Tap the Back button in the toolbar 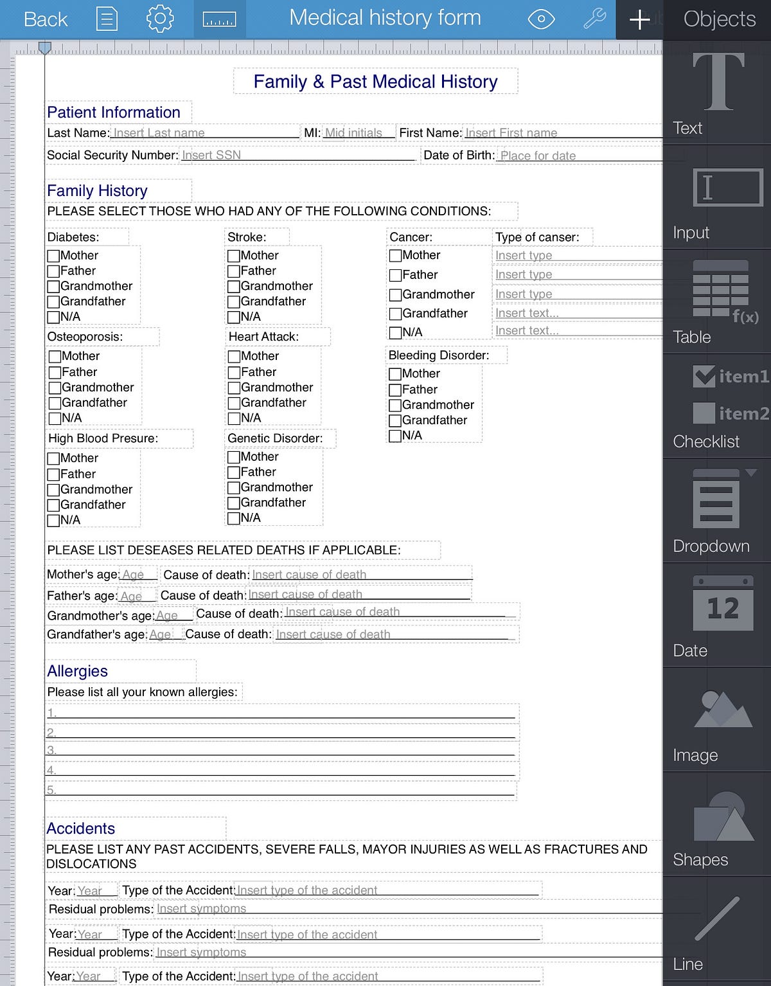45,19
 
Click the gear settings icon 160,19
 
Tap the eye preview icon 541,19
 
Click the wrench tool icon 594,19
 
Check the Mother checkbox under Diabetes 54,256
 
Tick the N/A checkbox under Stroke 234,317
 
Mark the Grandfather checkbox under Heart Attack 235,403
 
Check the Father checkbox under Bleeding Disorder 395,390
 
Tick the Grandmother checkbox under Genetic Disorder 234,488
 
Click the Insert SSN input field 298,155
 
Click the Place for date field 578,156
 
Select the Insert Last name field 204,133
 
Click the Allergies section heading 77,671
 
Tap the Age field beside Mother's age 137,575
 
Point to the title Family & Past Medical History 375,82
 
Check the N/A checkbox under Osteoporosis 55,418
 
